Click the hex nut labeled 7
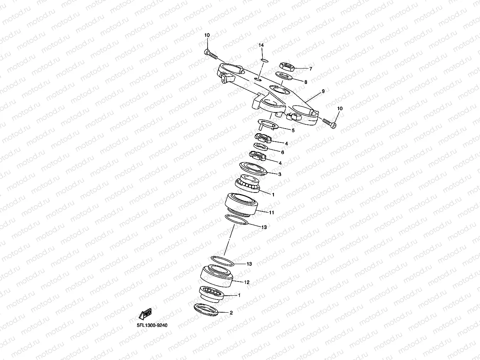[x=287, y=67]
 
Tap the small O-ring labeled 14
[x=264, y=60]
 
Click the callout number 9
[x=323, y=91]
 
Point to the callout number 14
[x=261, y=45]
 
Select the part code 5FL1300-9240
[x=152, y=325]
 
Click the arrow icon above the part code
[x=145, y=314]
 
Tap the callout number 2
[x=231, y=313]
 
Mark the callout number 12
[x=247, y=282]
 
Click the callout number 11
[x=272, y=213]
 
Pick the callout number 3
[x=280, y=174]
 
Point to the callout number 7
[x=310, y=69]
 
